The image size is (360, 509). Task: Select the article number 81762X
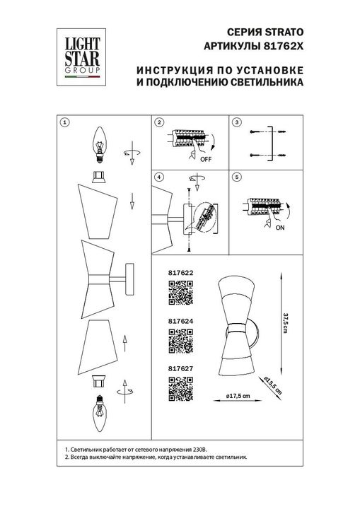tap(286, 46)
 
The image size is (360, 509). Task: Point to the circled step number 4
tap(159, 176)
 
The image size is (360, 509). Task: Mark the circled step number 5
tap(237, 176)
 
